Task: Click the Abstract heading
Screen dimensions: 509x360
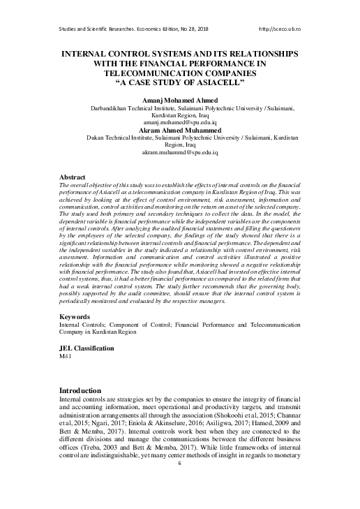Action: [73, 178]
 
